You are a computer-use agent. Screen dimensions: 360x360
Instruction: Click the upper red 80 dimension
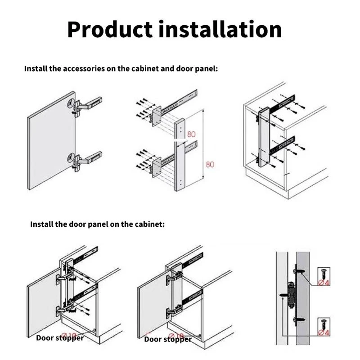191,134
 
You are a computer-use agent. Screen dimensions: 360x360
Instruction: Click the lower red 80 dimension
210,165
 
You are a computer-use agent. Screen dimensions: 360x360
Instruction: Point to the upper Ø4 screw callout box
324,275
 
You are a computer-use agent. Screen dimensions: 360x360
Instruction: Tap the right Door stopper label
167,339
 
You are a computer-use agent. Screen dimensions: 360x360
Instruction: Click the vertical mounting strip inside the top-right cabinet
264,137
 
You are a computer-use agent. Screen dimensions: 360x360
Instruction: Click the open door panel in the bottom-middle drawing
151,304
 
